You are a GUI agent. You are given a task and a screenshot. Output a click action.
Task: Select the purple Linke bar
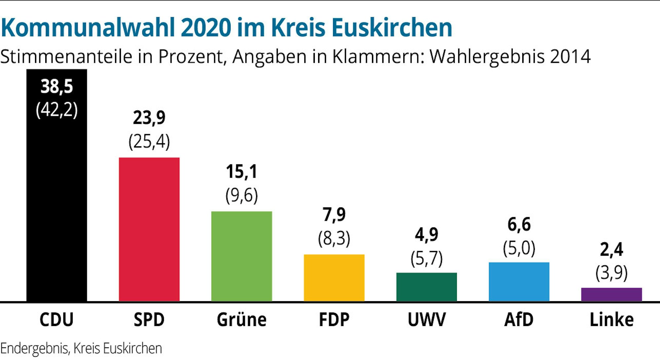coord(611,294)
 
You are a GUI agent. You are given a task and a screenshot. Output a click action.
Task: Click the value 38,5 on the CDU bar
coord(56,87)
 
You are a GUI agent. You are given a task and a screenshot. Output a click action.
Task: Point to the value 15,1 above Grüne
coord(241,172)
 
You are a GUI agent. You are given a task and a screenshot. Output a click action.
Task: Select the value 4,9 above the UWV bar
coord(426,235)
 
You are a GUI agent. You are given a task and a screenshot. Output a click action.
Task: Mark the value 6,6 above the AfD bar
coord(519,225)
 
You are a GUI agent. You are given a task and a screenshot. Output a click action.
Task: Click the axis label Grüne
coord(241,319)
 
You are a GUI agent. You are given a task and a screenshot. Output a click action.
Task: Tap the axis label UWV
coord(426,319)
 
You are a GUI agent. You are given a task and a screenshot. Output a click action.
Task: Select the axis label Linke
coord(611,319)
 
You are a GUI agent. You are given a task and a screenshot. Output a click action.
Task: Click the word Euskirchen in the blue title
coord(392,27)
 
